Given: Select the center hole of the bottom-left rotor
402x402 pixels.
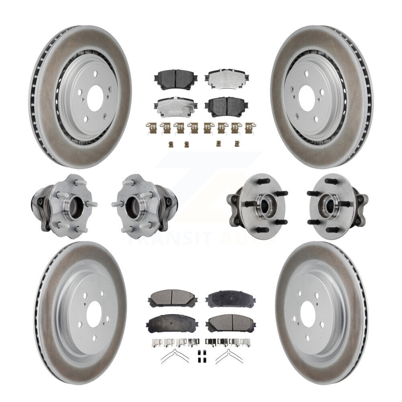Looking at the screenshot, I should coord(94,312).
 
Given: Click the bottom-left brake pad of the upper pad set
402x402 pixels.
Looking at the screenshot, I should coord(175,107).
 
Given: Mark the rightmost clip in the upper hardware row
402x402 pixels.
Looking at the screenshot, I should coord(250,128).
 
